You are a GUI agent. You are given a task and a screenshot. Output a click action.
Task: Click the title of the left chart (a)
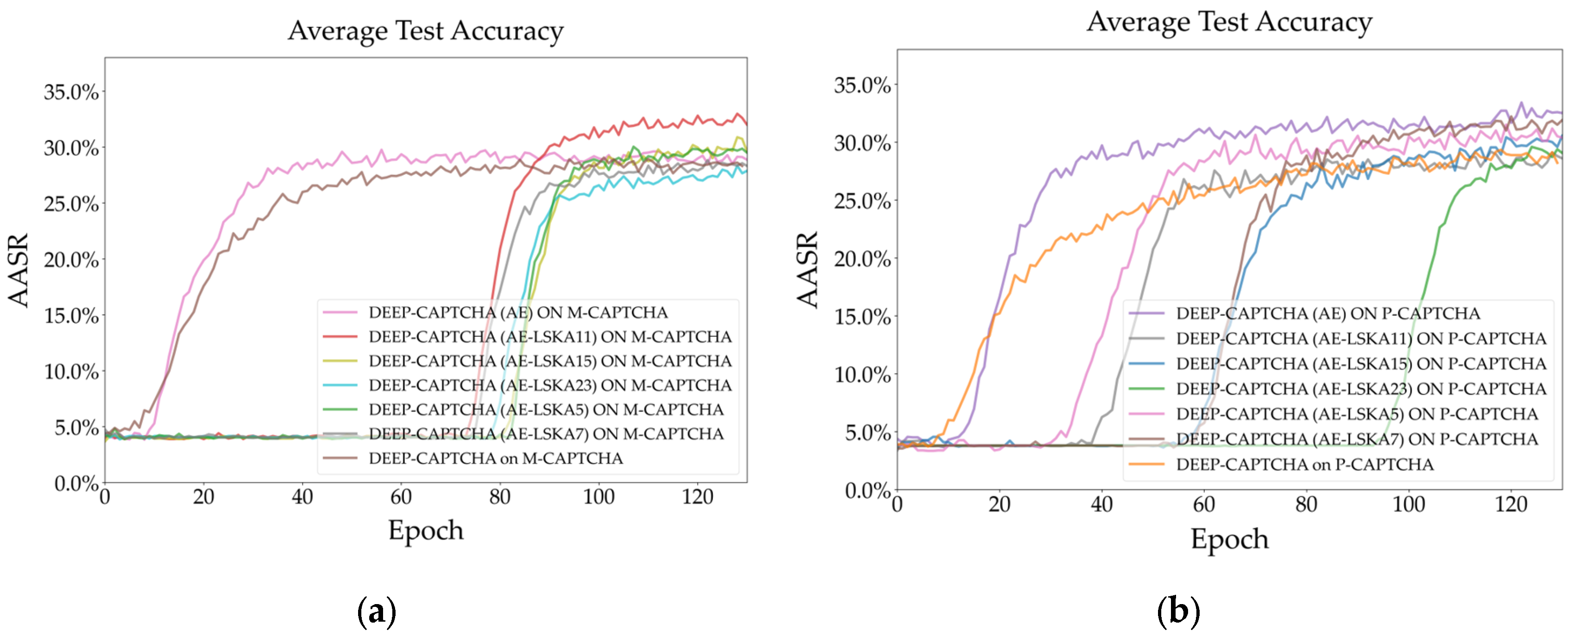coord(426,31)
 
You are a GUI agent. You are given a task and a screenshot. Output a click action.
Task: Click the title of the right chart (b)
coord(1229,22)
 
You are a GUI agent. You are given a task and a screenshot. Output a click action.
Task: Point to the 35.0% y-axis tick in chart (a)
coord(71,92)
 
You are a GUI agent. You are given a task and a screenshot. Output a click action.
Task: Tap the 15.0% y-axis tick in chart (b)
coord(862,317)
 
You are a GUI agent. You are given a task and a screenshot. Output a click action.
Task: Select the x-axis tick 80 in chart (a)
coord(500,497)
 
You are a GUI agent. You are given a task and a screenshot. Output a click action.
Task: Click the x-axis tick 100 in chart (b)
coord(1408,504)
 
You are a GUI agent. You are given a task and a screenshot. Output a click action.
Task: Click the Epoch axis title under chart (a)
coord(426,530)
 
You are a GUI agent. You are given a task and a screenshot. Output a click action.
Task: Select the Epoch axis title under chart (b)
coord(1229,539)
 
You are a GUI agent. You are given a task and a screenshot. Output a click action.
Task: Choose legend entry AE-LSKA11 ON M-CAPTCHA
coord(550,337)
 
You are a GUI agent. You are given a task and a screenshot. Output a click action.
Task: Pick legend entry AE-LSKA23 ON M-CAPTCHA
coord(550,385)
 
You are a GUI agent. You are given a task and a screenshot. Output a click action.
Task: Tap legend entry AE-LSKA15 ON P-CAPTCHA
coord(1361,364)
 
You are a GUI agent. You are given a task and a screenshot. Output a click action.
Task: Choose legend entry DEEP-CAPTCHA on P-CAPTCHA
coord(1304,464)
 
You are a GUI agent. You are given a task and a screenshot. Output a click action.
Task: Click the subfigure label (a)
coord(376,611)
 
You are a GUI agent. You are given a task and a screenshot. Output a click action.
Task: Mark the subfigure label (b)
coord(1178,611)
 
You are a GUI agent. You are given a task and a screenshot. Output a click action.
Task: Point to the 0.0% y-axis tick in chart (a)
coord(76,483)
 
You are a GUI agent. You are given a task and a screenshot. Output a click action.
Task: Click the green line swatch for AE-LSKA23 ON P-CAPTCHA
coord(1146,389)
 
